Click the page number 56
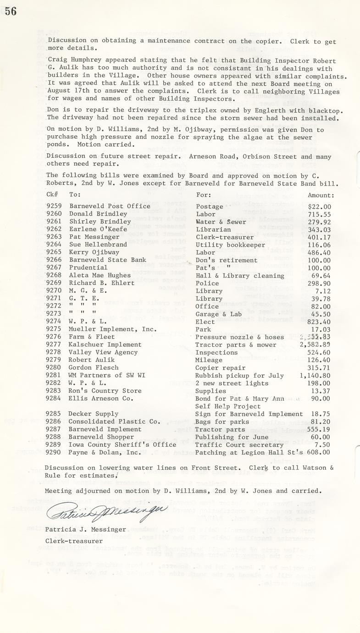coord(11,11)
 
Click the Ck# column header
coord(52,194)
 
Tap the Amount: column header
coord(321,195)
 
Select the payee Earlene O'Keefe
coord(98,229)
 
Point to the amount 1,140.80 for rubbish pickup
coord(314,376)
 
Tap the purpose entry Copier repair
coord(220,368)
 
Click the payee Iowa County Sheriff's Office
coord(122,445)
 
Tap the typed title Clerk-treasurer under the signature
coord(74,541)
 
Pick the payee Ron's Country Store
coord(105,391)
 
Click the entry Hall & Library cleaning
coord(240,276)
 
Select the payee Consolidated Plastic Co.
coord(114,422)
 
